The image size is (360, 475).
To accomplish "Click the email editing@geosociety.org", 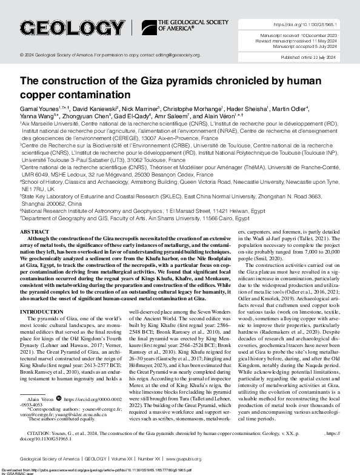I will pos(172,55).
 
